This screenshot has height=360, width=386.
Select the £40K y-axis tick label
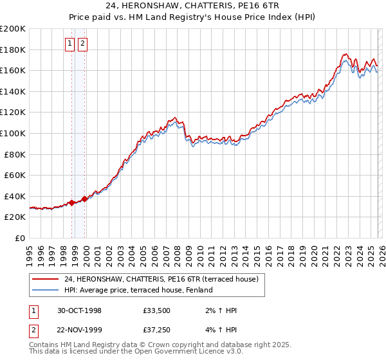pos(15,196)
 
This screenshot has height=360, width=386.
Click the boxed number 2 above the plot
pos(83,44)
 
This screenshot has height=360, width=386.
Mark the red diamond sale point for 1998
pos(72,203)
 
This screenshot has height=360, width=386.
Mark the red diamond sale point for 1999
pos(84,199)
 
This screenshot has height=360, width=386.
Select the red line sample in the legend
pos(46,279)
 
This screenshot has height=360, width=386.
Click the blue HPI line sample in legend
pos(46,290)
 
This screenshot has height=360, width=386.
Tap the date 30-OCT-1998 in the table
pos(79,311)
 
